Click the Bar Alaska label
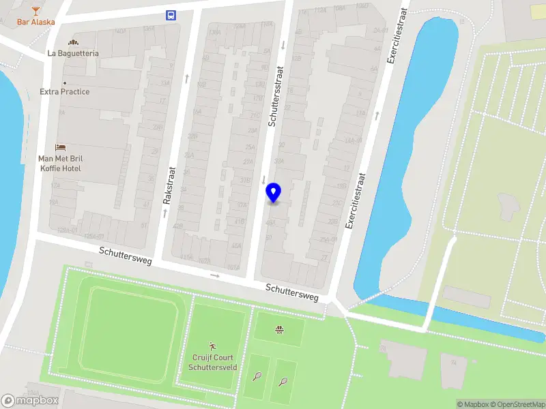[36, 22]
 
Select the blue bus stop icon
[170, 15]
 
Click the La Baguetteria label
[73, 53]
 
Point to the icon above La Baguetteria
[73, 42]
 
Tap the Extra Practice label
[65, 92]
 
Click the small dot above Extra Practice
[65, 83]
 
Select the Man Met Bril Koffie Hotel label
[61, 163]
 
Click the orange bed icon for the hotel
[61, 147]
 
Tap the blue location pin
[274, 193]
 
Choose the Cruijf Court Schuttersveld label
[212, 362]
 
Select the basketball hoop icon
[279, 331]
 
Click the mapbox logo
[30, 401]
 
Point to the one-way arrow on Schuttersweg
[215, 275]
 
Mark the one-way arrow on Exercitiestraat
[376, 117]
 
